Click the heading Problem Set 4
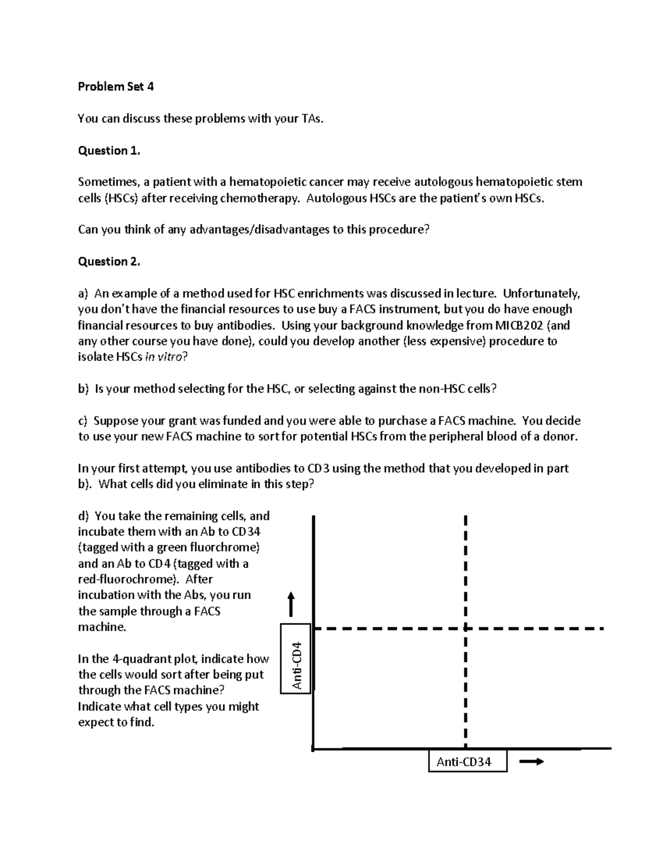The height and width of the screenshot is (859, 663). [x=115, y=86]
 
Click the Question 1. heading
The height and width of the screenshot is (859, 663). [x=109, y=150]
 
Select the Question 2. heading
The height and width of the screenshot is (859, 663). [x=109, y=262]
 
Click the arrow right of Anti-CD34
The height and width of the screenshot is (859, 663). [x=532, y=762]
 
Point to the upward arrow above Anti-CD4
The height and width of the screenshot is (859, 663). [x=291, y=604]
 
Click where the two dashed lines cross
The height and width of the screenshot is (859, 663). [x=466, y=629]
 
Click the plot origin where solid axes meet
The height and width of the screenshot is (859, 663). [x=313, y=749]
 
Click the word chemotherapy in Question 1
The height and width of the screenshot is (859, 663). [x=259, y=198]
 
